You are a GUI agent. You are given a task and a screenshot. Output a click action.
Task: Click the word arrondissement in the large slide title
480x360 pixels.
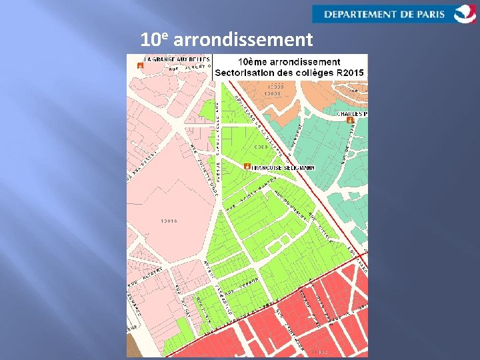(243, 40)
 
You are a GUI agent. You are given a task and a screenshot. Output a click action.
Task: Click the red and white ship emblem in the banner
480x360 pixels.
(465, 13)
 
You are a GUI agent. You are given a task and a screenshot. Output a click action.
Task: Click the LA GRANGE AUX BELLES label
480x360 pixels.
(169, 59)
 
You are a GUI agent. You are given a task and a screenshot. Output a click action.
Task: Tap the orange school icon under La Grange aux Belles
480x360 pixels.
(140, 66)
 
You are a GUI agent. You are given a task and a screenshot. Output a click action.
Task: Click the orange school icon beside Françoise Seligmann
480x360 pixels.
(247, 165)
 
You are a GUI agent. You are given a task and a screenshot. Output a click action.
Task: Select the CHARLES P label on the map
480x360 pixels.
(352, 114)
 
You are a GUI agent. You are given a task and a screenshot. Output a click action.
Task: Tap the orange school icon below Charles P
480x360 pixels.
(351, 121)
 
